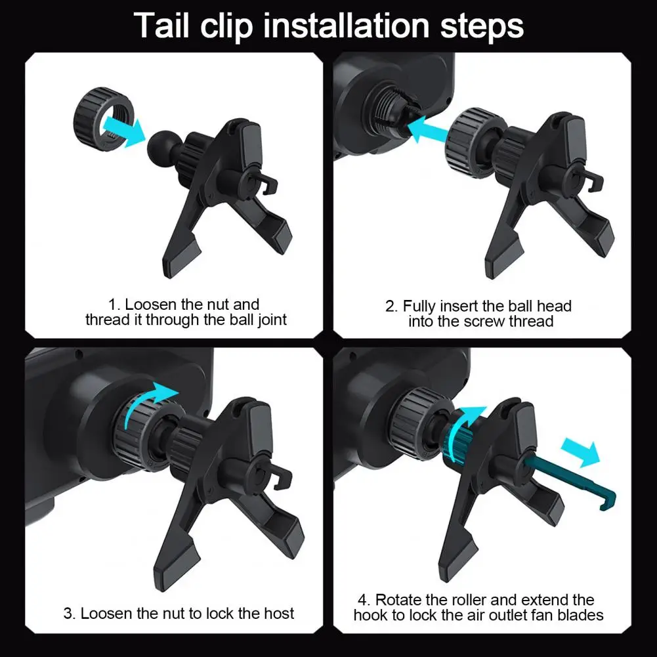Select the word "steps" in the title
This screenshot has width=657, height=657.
[482, 27]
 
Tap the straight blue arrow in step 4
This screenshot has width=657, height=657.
[581, 452]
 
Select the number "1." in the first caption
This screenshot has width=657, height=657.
[114, 304]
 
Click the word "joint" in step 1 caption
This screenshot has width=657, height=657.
[272, 320]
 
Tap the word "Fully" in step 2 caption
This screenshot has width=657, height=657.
[419, 307]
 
